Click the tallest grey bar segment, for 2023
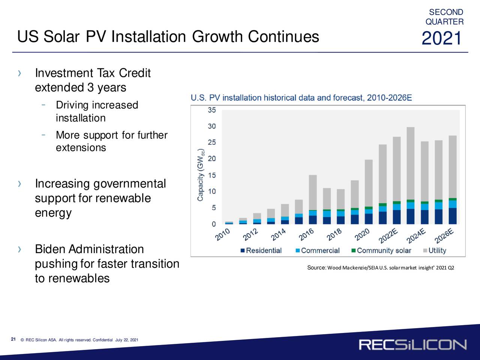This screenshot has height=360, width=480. (411, 163)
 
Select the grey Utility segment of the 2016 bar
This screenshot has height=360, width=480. (313, 192)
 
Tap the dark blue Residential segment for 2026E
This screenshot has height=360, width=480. (453, 216)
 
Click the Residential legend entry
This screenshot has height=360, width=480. (261, 250)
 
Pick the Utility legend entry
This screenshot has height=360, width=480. (435, 250)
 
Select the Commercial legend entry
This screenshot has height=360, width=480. (317, 250)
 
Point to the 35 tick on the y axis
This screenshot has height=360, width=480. (211, 110)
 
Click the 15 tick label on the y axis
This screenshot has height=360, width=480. (211, 175)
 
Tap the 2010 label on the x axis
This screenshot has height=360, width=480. (222, 234)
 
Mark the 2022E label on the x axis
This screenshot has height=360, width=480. (388, 235)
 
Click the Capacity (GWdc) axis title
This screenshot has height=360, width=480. (201, 175)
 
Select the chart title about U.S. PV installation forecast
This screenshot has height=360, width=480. (301, 98)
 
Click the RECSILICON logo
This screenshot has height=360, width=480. (412, 345)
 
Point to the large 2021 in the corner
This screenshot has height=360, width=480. (441, 38)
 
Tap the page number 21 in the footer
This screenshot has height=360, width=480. (13, 339)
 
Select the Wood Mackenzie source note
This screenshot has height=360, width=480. (381, 267)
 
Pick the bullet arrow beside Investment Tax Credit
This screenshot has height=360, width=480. (19, 73)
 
